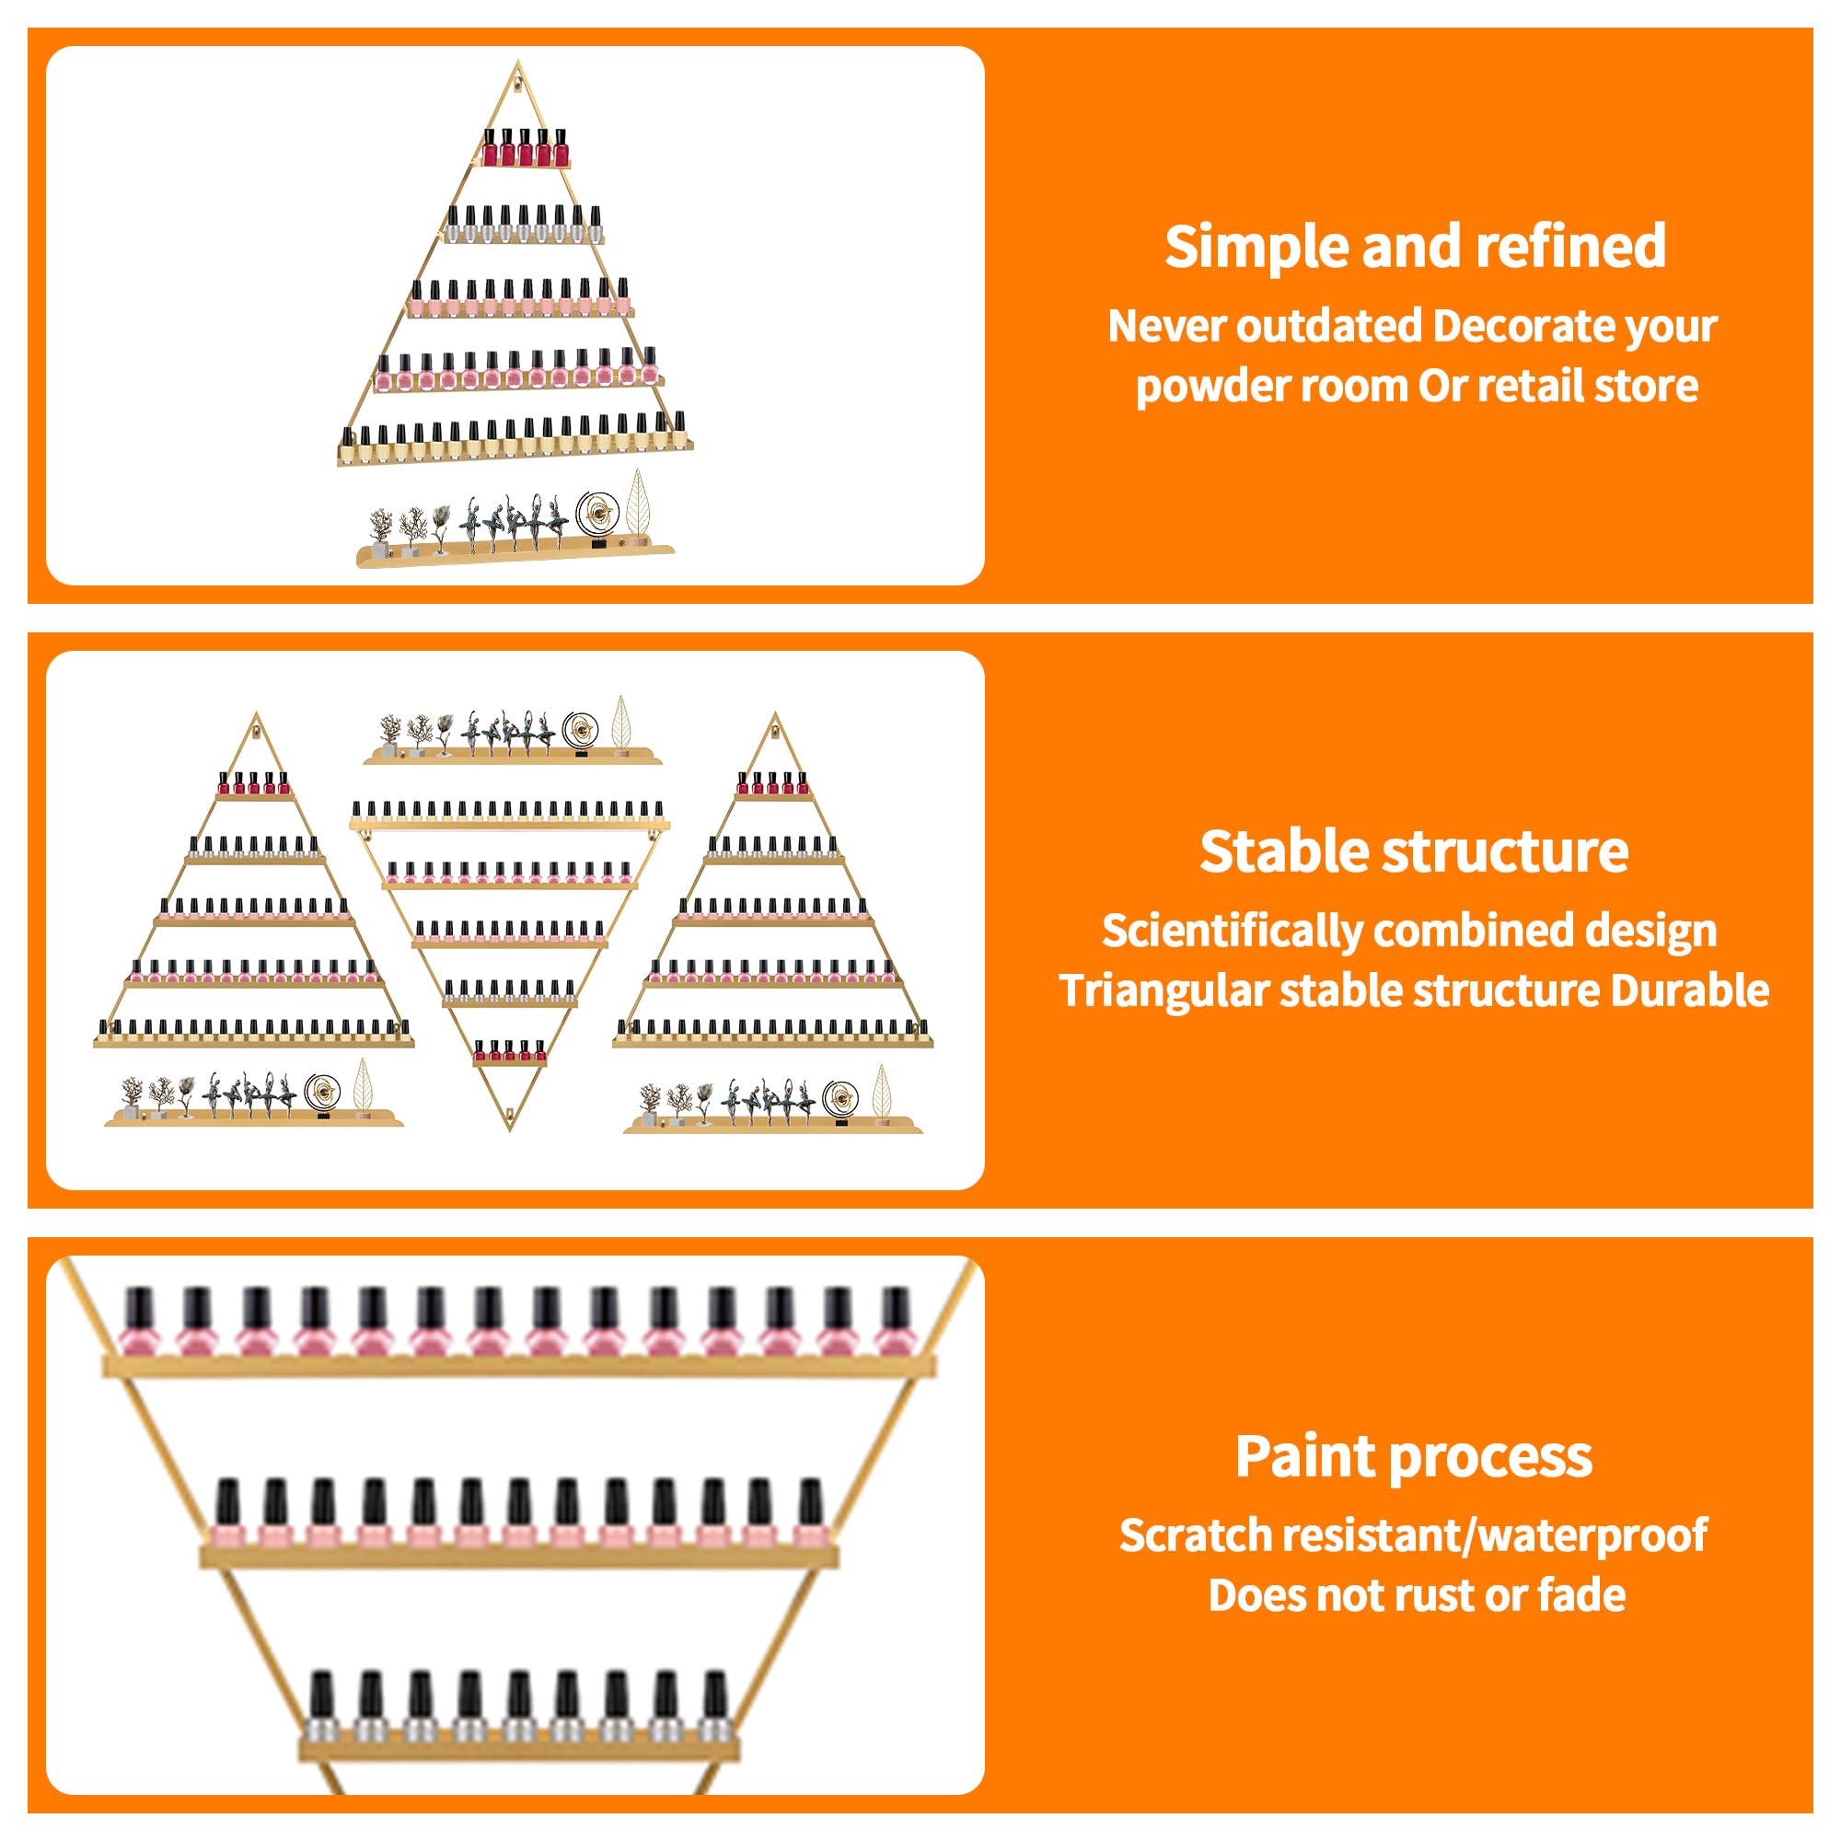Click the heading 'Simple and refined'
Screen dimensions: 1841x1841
coord(1415,247)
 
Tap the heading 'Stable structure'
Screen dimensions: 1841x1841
coord(1414,851)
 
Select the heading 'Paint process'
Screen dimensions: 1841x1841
coord(1414,1457)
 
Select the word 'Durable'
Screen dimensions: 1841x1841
coord(1689,991)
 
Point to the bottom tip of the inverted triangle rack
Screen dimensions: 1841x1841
coord(510,1131)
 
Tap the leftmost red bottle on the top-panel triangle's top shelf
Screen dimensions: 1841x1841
coord(491,147)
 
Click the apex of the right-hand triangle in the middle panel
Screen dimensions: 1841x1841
coord(775,712)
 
